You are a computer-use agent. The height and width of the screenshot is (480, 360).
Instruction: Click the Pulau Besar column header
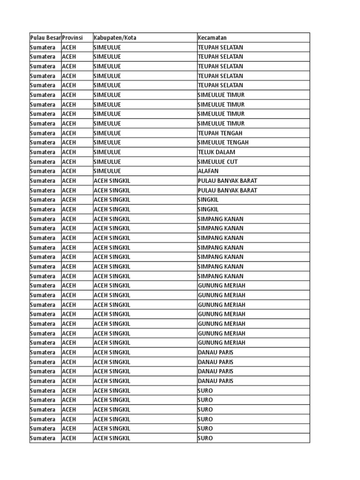point(45,37)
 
